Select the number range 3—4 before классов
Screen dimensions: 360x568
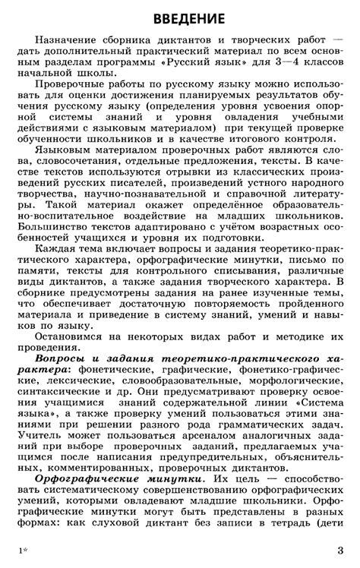[x=268, y=62]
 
